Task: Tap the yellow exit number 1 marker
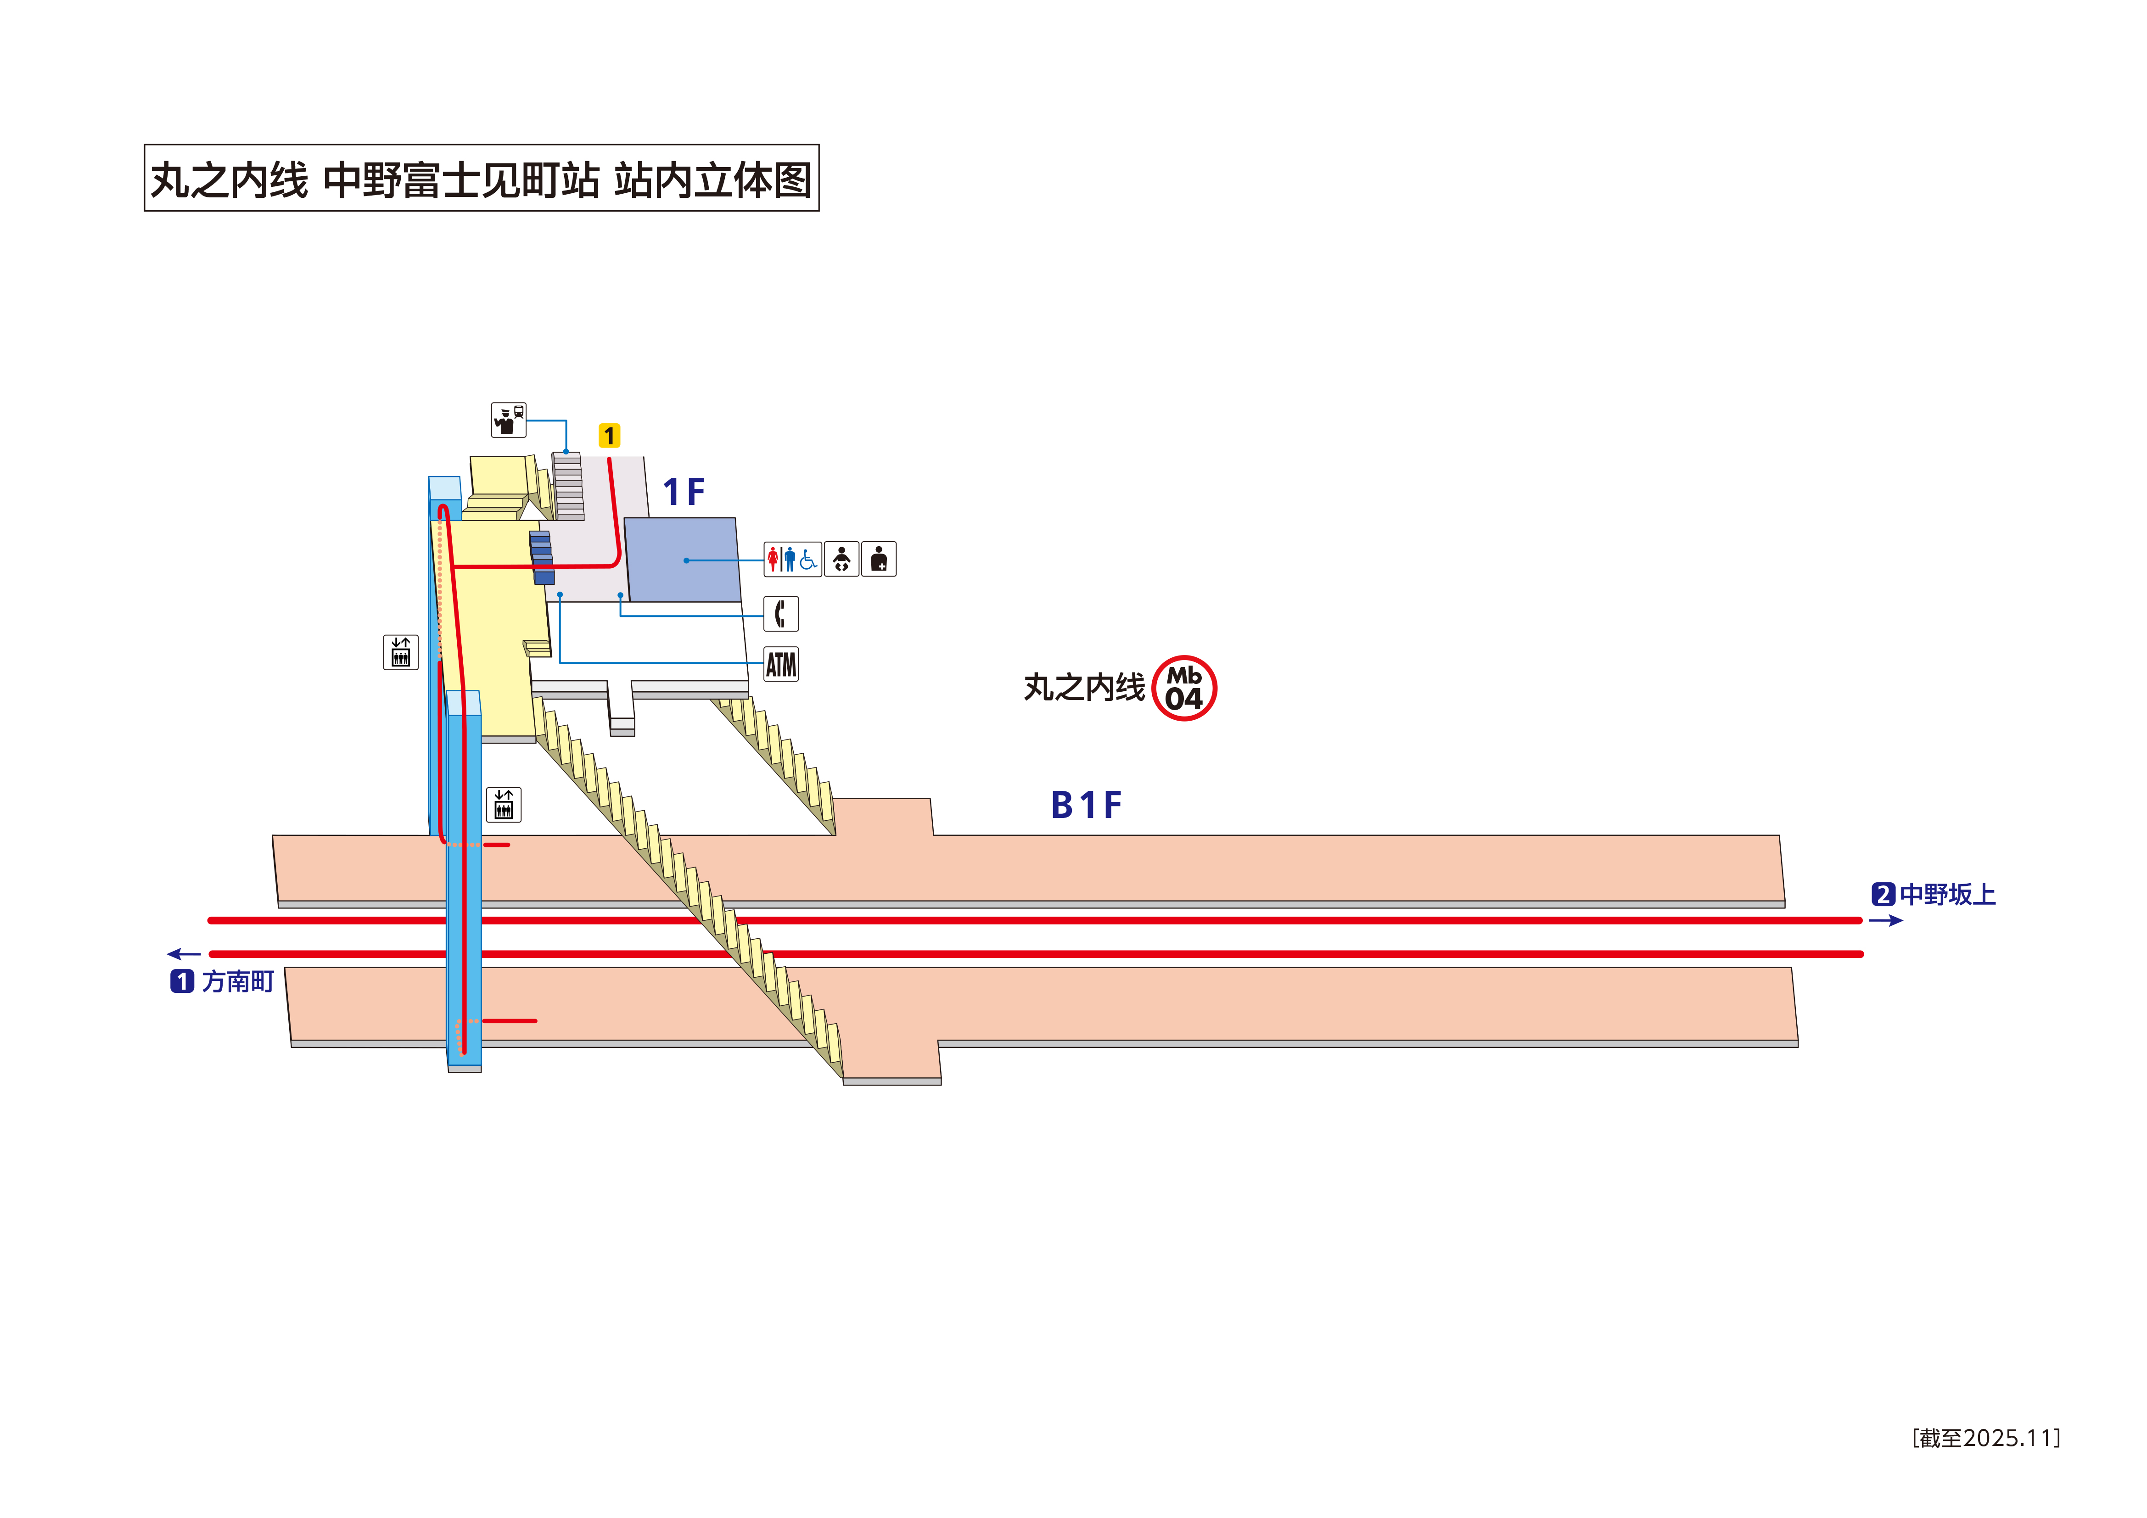tap(609, 436)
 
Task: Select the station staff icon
tap(509, 420)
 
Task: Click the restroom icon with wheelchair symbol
tap(792, 559)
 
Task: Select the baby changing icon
tap(841, 559)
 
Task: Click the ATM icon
tap(781, 664)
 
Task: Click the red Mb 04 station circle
tap(1184, 689)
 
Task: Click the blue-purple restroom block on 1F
tap(683, 559)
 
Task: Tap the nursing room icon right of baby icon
tap(878, 559)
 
